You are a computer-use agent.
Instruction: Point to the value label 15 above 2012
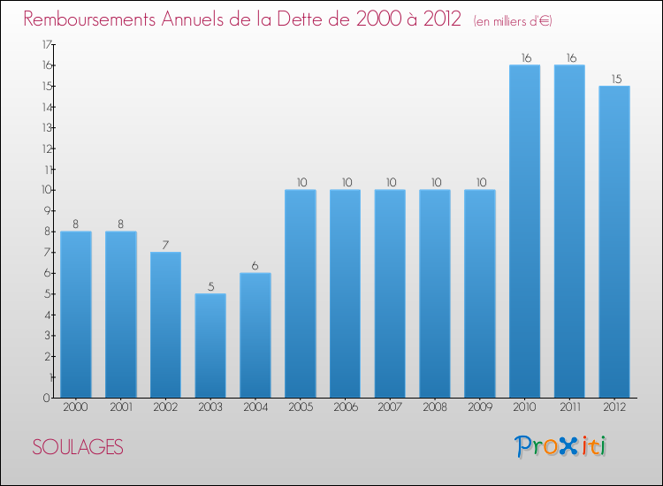(x=614, y=79)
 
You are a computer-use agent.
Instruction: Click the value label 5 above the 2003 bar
(x=210, y=286)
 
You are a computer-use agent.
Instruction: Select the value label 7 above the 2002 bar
(x=165, y=245)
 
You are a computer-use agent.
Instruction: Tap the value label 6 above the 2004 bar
(x=255, y=266)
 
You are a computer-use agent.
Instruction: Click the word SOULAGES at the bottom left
(x=78, y=447)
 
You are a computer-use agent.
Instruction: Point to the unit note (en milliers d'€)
(x=513, y=20)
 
